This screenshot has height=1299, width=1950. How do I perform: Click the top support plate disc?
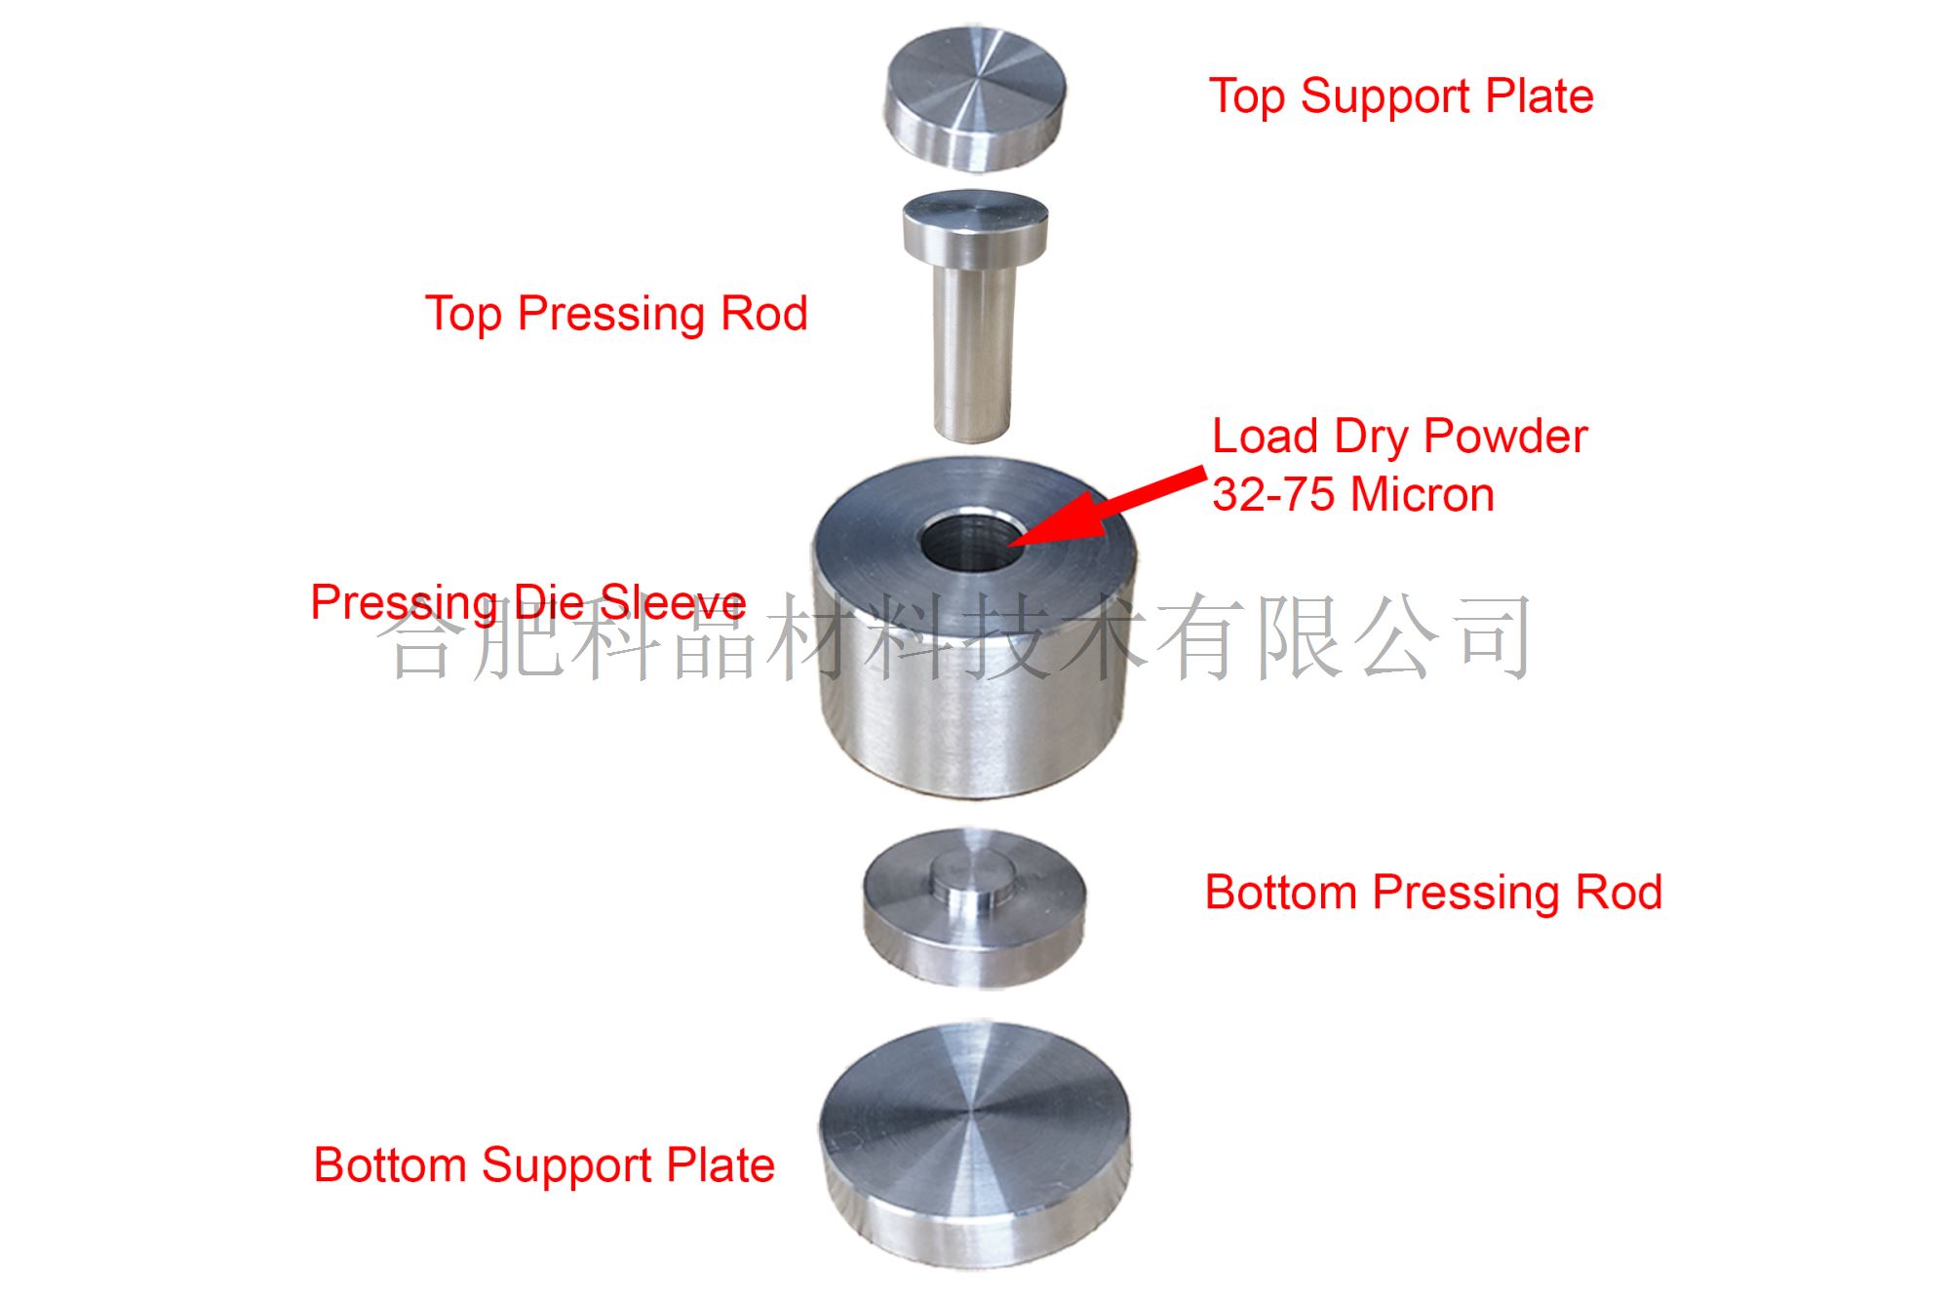pyautogui.click(x=975, y=97)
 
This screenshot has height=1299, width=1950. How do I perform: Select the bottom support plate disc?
pyautogui.click(x=975, y=1146)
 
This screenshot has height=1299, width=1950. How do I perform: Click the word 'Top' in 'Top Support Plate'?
pyautogui.click(x=1247, y=97)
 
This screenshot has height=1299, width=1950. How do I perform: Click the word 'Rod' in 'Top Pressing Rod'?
pyautogui.click(x=763, y=314)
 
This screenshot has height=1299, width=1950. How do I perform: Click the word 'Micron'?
pyautogui.click(x=1423, y=494)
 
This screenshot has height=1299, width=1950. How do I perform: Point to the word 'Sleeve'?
pyautogui.click(x=673, y=601)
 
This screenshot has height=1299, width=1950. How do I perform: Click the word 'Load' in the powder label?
pyautogui.click(x=1265, y=436)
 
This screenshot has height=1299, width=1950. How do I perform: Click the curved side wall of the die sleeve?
pyautogui.click(x=975, y=702)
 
